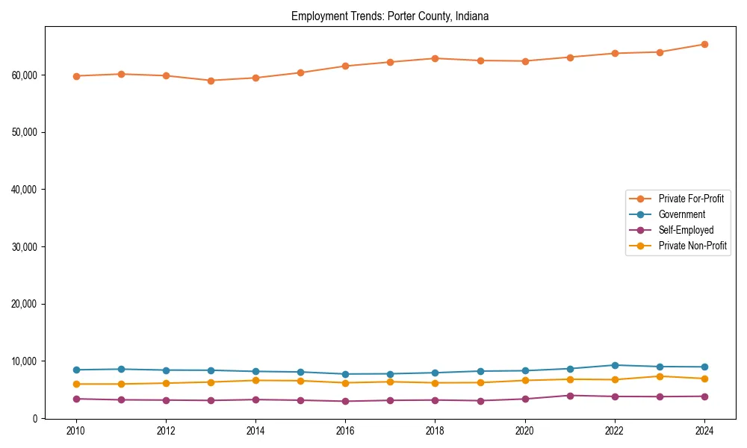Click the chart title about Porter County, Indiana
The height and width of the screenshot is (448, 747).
[390, 16]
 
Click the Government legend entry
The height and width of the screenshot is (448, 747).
[681, 214]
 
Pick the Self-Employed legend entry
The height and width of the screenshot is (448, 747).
[686, 230]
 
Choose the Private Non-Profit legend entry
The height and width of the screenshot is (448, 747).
[692, 246]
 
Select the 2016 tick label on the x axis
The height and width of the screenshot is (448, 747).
[345, 431]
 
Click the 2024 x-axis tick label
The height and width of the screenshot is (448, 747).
[704, 431]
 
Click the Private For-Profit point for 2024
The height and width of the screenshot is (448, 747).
[704, 44]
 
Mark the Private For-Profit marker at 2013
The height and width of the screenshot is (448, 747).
[211, 81]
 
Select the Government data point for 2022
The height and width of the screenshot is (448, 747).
[615, 365]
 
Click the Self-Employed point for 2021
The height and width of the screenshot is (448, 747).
[570, 396]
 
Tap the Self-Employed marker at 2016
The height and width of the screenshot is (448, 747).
[345, 401]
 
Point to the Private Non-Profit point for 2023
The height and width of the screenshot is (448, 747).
[660, 376]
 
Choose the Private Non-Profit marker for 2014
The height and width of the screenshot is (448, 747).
[255, 380]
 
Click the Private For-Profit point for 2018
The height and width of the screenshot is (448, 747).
[435, 58]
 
